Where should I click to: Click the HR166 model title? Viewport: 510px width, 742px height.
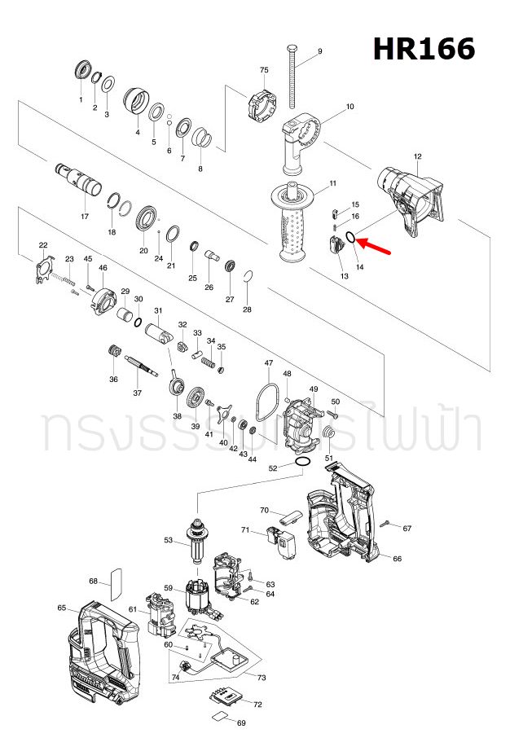point(424,49)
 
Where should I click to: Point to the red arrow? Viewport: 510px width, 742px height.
point(376,244)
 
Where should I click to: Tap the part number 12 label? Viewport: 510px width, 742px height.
point(417,156)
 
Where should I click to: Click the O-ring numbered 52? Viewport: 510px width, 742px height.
point(301,463)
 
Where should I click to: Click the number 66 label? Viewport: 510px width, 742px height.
point(398,559)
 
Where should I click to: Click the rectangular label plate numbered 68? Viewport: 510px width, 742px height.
point(115,580)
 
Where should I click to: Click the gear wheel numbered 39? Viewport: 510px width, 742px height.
point(196,400)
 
